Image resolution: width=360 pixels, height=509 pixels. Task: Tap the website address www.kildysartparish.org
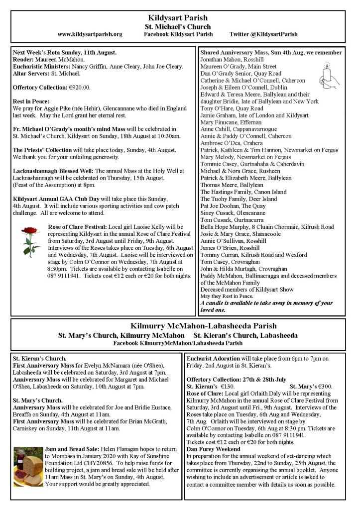pos(90,34)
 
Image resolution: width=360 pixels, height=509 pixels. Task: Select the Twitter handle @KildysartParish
pos(264,34)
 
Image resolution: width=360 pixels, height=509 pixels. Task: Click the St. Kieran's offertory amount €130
pos(226,387)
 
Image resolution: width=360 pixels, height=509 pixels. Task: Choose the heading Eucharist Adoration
pos(213,358)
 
